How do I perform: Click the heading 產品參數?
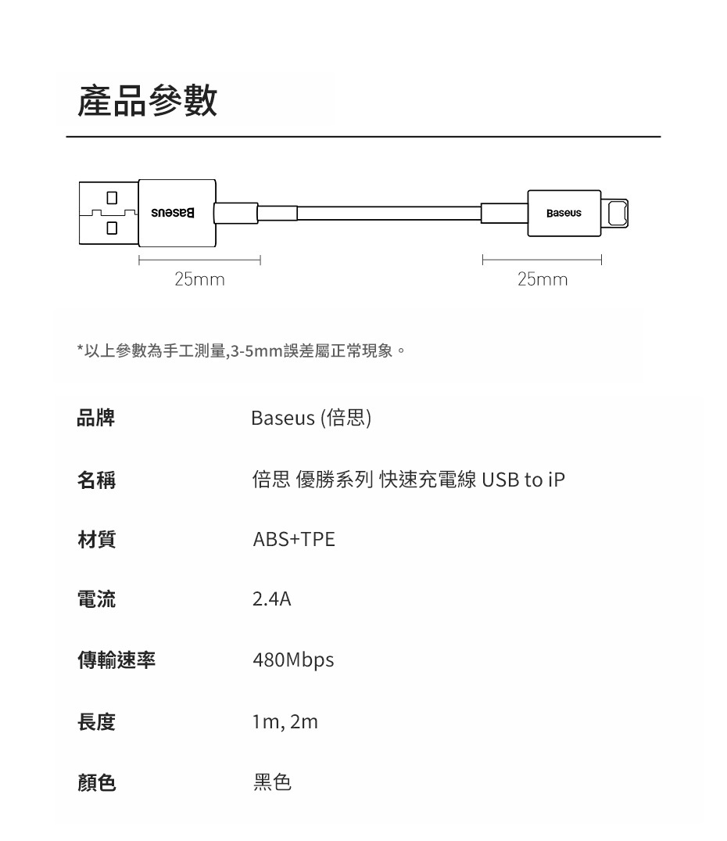(148, 102)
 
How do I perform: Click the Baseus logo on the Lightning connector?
(564, 213)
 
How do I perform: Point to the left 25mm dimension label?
(199, 279)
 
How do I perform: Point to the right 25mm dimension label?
(543, 279)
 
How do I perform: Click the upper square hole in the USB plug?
(112, 197)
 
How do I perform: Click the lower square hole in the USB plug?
(112, 228)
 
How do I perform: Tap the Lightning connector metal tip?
(617, 213)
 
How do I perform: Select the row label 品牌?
(95, 419)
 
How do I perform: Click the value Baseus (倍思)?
(311, 419)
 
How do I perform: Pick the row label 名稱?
(95, 480)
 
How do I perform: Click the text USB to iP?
(523, 480)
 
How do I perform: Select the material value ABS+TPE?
(293, 540)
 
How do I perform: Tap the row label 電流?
(95, 600)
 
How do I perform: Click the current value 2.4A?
(271, 600)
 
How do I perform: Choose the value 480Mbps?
(293, 660)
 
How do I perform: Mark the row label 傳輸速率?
(116, 660)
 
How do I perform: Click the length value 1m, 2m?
(285, 721)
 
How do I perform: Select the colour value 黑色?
(272, 782)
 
